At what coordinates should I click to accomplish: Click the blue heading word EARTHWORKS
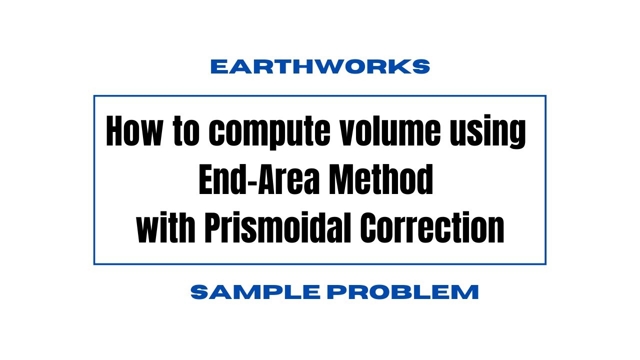tap(320, 66)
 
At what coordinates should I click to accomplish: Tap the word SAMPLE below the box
tap(255, 292)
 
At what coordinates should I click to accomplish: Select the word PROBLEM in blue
tap(403, 292)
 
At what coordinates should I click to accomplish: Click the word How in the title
tap(134, 131)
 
